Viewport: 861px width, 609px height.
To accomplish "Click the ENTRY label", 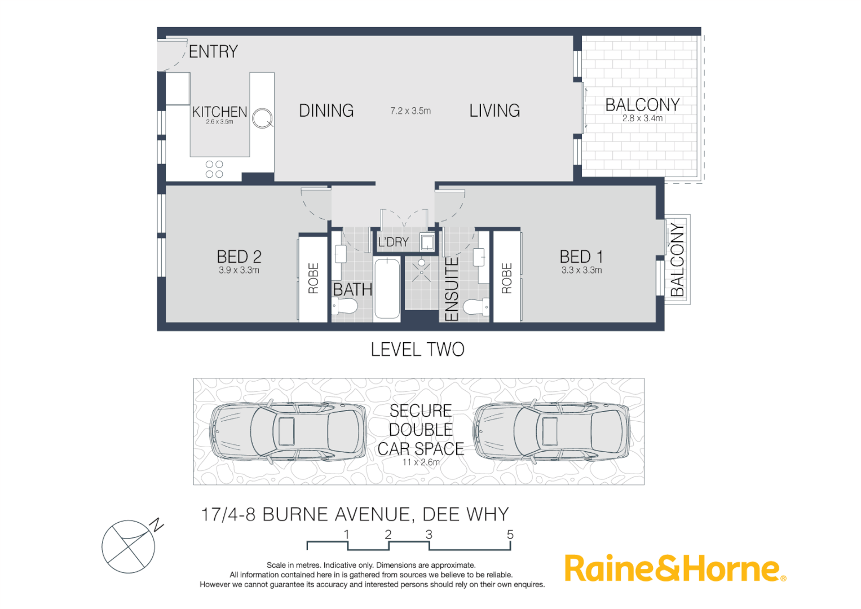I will pyautogui.click(x=213, y=52).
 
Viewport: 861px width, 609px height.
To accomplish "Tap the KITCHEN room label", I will pyautogui.click(x=219, y=112).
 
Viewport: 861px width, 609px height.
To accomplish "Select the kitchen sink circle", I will pyautogui.click(x=262, y=118).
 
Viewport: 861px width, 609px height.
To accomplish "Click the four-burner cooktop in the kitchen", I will pyautogui.click(x=214, y=169).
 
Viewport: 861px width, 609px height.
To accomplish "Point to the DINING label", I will pyautogui.click(x=326, y=111).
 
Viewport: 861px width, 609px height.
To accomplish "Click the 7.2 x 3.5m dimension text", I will pyautogui.click(x=410, y=111).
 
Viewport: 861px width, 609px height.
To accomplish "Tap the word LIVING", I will pyautogui.click(x=494, y=111).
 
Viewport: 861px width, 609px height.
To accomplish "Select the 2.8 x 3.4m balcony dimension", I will pyautogui.click(x=642, y=118).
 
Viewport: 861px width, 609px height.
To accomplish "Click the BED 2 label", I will pyautogui.click(x=239, y=257).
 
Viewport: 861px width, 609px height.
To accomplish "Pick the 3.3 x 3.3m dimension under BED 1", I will pyautogui.click(x=581, y=270).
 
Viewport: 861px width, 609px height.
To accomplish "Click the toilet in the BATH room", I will pyautogui.click(x=345, y=307).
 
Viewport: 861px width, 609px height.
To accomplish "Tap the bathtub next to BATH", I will pyautogui.click(x=387, y=288).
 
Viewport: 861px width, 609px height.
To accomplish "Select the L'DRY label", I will pyautogui.click(x=393, y=242).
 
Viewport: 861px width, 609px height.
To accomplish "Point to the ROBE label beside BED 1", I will pyautogui.click(x=506, y=278).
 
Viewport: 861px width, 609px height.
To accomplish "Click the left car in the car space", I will pyautogui.click(x=287, y=431).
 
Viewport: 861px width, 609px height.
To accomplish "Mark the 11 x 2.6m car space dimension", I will pyautogui.click(x=421, y=462).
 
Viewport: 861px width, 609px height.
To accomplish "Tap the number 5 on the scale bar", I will pyautogui.click(x=510, y=535).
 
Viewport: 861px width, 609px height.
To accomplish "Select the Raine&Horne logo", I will pyautogui.click(x=674, y=568).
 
